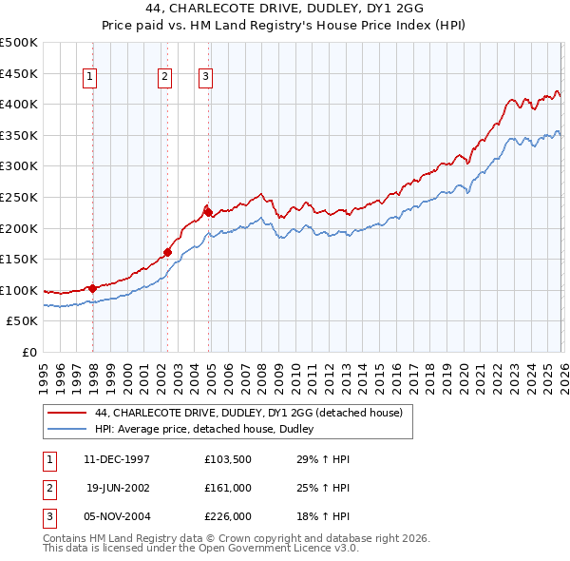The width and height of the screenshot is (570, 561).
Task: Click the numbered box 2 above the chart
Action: [x=165, y=77]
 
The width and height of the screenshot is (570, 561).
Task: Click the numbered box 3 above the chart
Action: [x=205, y=77]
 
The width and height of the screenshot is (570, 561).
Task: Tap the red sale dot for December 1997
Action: [x=92, y=288]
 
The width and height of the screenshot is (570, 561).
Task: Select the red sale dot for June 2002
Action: [x=167, y=252]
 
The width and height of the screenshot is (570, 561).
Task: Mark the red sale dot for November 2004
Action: [x=208, y=212]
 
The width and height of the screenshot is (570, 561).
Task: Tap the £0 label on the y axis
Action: [x=30, y=352]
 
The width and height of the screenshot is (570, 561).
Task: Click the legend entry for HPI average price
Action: [x=210, y=430]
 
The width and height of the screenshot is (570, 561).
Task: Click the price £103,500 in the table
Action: [x=227, y=458]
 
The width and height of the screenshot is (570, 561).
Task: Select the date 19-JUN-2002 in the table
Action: [x=117, y=487]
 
